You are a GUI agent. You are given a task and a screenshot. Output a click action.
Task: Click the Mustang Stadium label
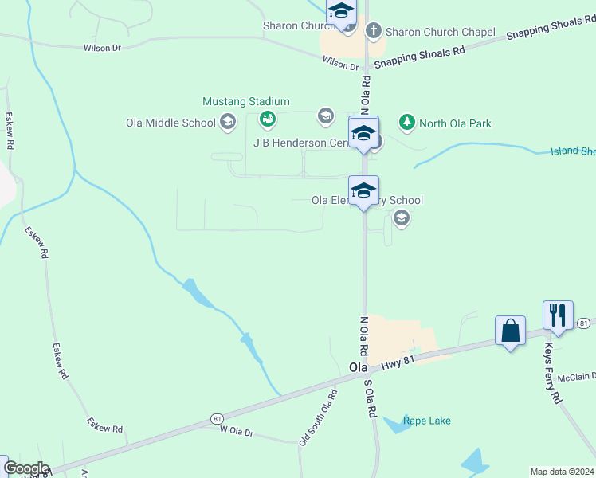coord(245,102)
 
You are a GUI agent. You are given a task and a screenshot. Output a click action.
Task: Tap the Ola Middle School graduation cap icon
coord(228,122)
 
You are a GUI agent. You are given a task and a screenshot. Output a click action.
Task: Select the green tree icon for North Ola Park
coord(407,122)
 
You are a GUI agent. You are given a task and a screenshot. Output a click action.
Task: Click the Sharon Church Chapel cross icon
coord(373,31)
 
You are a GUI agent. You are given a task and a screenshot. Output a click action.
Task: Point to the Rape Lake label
coord(427,421)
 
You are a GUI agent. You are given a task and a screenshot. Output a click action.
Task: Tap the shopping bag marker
coord(510,330)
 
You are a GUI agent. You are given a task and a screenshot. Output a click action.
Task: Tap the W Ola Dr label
coord(236,433)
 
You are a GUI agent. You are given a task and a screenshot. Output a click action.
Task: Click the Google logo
coord(26,468)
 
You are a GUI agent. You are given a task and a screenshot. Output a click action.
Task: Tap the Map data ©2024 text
coord(562,472)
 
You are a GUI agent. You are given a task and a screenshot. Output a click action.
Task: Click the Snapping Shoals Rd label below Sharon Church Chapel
coord(419,57)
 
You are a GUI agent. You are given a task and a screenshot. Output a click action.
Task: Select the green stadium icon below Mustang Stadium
coord(268,119)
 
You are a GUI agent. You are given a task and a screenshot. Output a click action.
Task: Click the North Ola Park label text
coord(455,123)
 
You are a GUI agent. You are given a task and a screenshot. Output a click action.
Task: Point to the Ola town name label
coord(358,367)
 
